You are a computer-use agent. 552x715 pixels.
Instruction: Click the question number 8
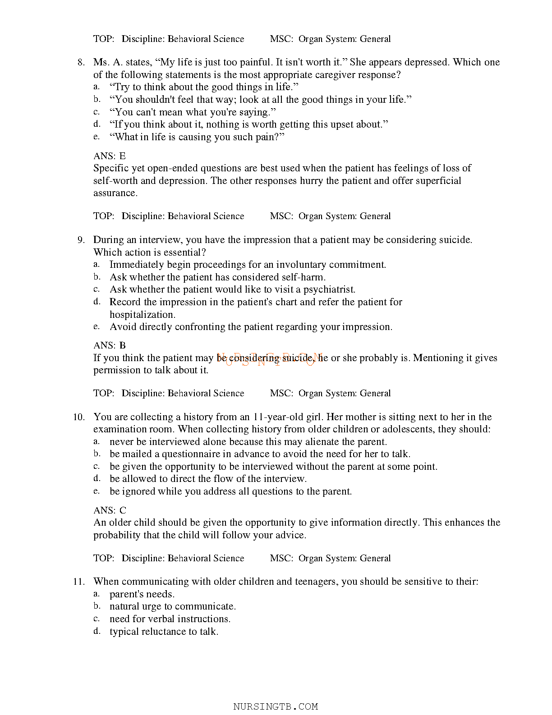pyautogui.click(x=81, y=62)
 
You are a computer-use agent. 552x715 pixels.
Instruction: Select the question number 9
pyautogui.click(x=81, y=240)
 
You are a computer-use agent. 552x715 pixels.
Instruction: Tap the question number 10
pyautogui.click(x=79, y=417)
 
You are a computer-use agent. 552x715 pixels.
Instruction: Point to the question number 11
pyautogui.click(x=79, y=582)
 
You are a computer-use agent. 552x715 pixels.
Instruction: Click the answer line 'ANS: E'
pyautogui.click(x=110, y=156)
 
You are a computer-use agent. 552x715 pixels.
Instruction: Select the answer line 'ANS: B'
pyautogui.click(x=110, y=345)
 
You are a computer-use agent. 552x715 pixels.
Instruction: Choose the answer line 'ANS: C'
pyautogui.click(x=110, y=510)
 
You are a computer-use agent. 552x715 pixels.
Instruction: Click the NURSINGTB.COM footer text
pyautogui.click(x=276, y=706)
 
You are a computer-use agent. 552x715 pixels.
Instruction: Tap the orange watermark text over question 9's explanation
pyautogui.click(x=271, y=359)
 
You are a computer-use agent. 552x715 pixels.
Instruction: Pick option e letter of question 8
pyautogui.click(x=96, y=137)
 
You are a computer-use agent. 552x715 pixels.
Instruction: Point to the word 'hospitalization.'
pyautogui.click(x=143, y=315)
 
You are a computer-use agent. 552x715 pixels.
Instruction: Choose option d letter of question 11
pyautogui.click(x=97, y=631)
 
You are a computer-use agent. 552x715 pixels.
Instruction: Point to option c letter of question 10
pyautogui.click(x=96, y=467)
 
